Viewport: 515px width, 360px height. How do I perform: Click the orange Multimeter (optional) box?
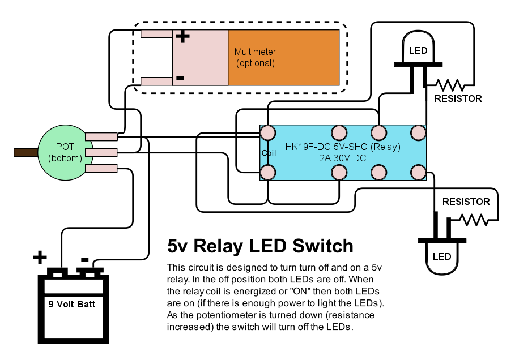pos(283,57)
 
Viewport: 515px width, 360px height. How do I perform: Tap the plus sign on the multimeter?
pos(182,37)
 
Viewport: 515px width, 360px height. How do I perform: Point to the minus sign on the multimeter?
pos(180,78)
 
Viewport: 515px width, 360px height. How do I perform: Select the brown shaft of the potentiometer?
pos(25,152)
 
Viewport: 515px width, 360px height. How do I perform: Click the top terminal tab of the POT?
pos(101,136)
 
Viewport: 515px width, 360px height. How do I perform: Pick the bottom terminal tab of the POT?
pos(101,168)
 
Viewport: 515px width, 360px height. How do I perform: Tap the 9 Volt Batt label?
pos(71,304)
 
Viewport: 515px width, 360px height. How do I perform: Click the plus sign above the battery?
pos(39,258)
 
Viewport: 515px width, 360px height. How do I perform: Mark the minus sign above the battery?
pos(84,260)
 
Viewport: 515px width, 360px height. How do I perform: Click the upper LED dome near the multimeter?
pos(418,49)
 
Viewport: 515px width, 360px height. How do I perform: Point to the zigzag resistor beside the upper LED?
pos(450,85)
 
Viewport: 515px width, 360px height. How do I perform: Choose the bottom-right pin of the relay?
pos(418,172)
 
